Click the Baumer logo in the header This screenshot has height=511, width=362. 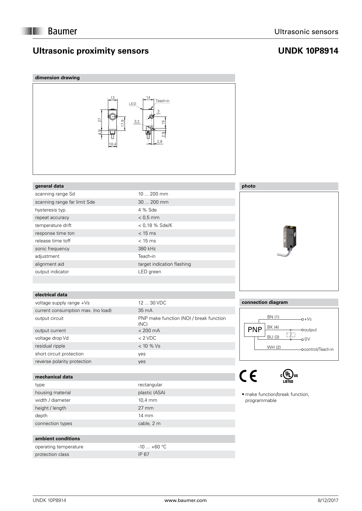(49, 31)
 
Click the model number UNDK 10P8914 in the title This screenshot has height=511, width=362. (308, 51)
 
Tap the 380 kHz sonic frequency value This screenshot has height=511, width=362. (147, 249)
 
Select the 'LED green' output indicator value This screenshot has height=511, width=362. (149, 272)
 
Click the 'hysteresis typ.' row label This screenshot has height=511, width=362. (51, 210)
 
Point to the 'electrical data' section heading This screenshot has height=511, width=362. (51, 295)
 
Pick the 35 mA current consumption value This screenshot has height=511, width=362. (145, 310)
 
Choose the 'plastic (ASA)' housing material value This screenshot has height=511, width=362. (151, 392)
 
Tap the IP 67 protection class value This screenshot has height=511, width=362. (144, 454)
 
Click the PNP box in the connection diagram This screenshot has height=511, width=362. (255, 330)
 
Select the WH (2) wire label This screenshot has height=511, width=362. (274, 347)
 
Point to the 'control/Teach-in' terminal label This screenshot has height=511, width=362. (319, 349)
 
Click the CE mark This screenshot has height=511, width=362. (248, 376)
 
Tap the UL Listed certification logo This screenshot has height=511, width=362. (288, 376)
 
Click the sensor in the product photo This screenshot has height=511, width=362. (288, 239)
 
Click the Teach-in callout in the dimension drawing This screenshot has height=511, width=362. (162, 101)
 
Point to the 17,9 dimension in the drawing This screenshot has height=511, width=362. (123, 123)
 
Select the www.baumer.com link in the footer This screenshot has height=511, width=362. (185, 500)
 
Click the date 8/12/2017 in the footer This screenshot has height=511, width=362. (328, 500)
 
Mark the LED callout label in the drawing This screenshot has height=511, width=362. (132, 104)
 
